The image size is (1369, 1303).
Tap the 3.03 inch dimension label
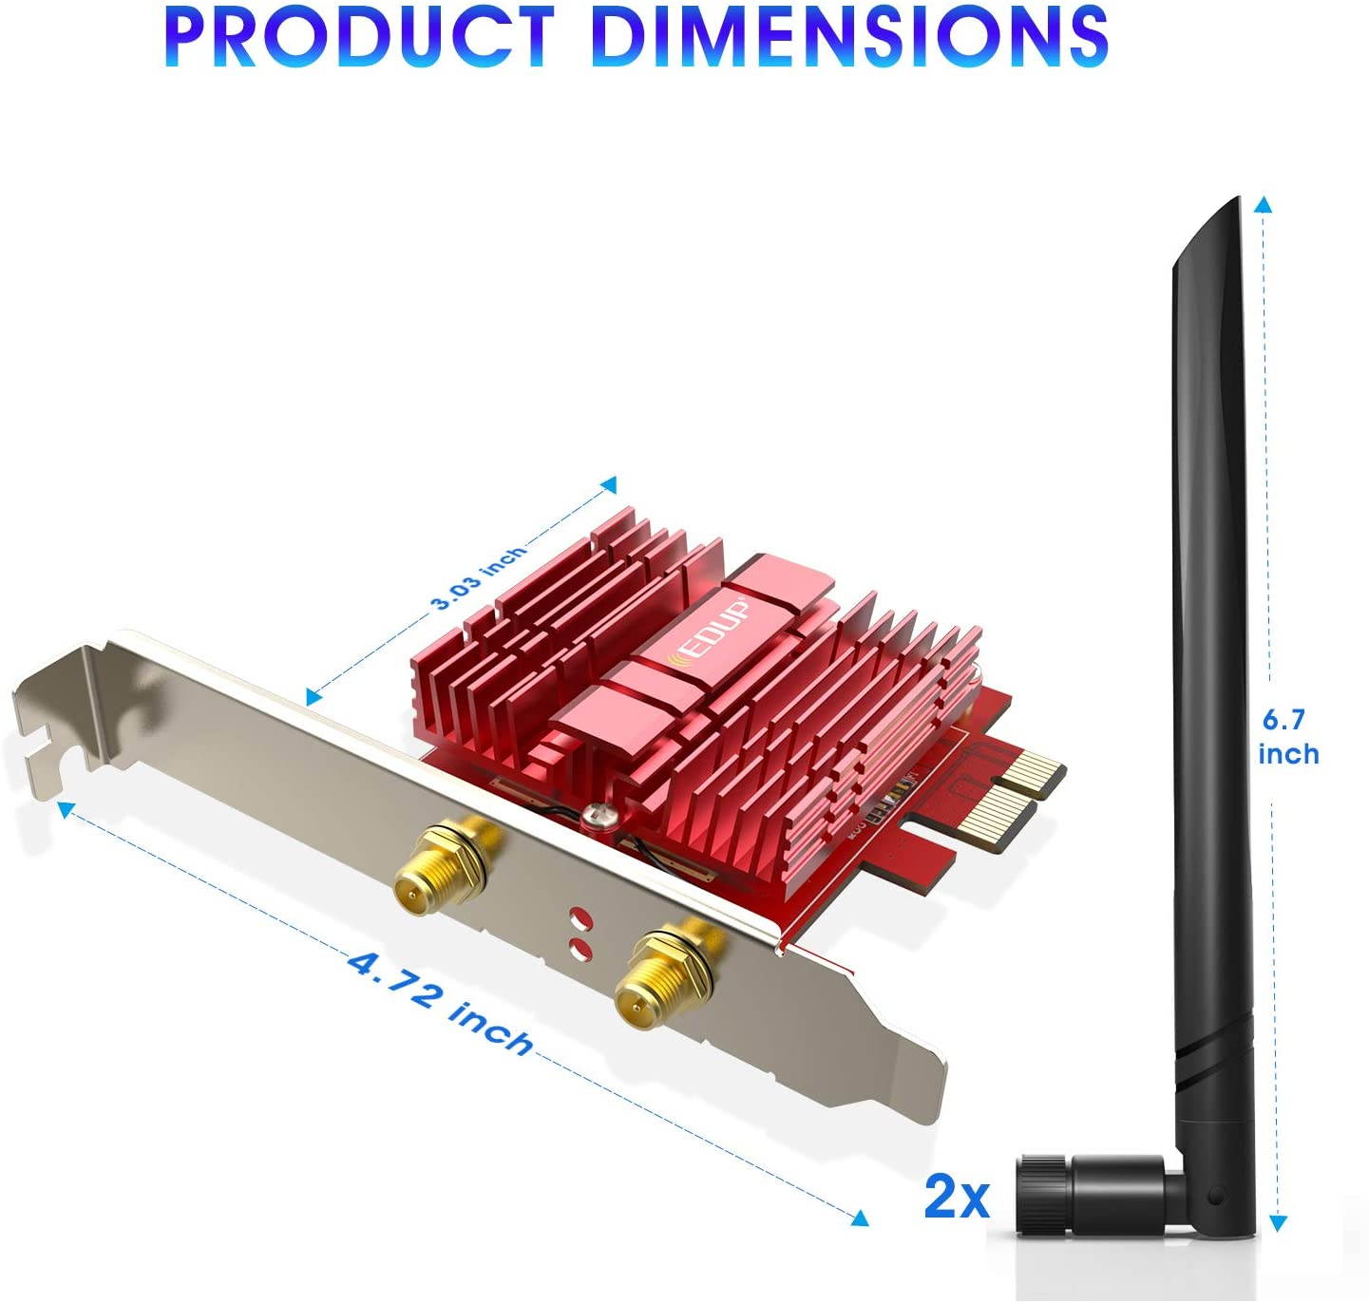478,577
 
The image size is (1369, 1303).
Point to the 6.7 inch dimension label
1288,737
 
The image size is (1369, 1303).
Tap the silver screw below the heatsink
598,814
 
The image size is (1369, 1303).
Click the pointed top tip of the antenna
1232,203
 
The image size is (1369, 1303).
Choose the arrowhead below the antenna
1279,1223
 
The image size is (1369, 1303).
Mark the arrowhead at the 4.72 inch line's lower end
861,1218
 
